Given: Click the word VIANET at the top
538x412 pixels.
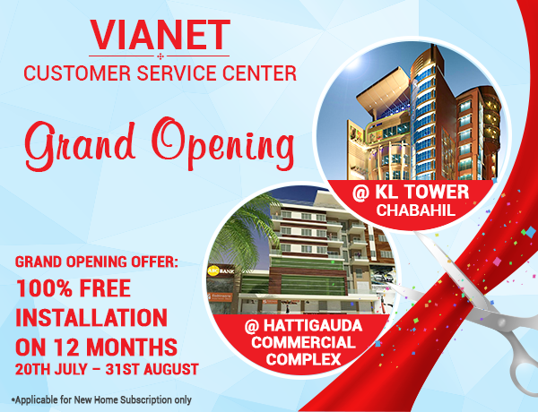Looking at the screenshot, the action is (160, 35).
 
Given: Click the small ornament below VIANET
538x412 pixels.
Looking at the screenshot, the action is (161, 56).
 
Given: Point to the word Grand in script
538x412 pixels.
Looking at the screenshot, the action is (80, 145).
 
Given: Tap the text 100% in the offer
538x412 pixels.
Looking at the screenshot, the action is (44, 288).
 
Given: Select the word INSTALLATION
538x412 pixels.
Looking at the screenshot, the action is (91, 318).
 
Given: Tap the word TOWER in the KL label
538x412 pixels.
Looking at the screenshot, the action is (443, 192).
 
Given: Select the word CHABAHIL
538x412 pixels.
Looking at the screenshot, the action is (415, 210).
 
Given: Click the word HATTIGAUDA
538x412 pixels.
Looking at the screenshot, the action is (313, 325).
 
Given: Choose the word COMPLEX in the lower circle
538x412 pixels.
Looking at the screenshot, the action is (303, 359).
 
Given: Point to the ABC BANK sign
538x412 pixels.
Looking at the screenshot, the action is (221, 270).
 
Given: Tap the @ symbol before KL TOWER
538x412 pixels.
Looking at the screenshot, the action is (361, 193).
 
